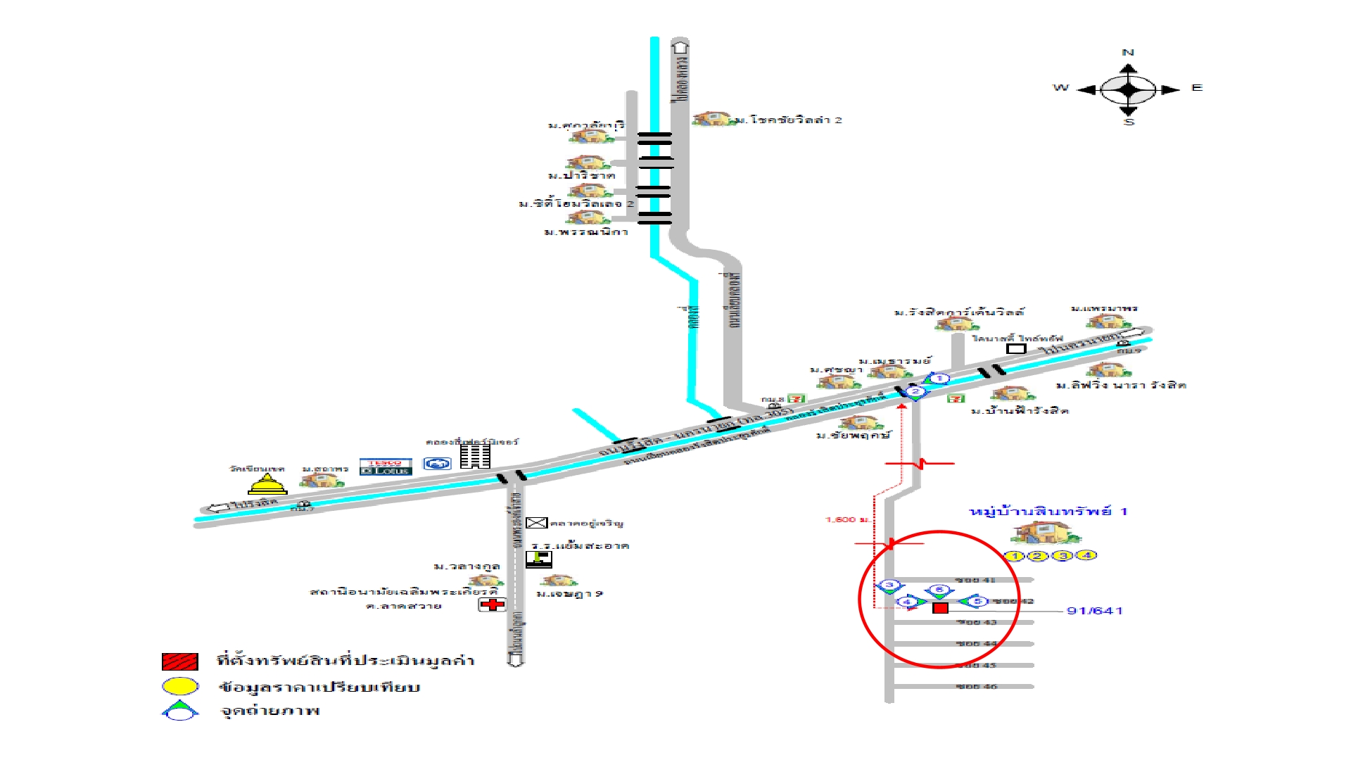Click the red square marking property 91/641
(940, 607)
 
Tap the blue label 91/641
(1094, 611)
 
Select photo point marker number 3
(889, 585)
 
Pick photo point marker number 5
(976, 601)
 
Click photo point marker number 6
(939, 590)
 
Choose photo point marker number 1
(938, 379)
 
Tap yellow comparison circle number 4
(1086, 555)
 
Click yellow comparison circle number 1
(1014, 556)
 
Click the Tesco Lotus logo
(385, 467)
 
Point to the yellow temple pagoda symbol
(267, 484)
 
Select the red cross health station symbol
(493, 604)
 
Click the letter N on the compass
(1128, 53)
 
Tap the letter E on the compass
(1196, 88)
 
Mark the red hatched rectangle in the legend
(179, 661)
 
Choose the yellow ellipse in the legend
(180, 686)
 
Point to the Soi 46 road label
(977, 686)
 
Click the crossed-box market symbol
(536, 523)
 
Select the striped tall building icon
(475, 456)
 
